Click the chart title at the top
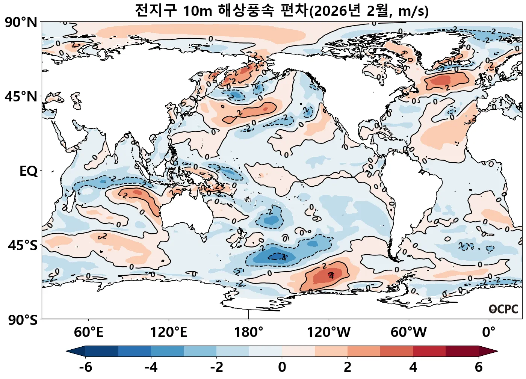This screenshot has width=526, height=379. coord(281,11)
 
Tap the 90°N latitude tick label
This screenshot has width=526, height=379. coord(21,22)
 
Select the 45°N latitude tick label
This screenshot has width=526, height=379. coord(21,97)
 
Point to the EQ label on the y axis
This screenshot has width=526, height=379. coord(29,171)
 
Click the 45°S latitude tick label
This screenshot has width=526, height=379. coord(23,245)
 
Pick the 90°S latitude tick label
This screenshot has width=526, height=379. coord(23,320)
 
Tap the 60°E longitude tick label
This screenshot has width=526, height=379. coord(88,332)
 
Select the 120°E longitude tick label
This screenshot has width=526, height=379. coord(168,332)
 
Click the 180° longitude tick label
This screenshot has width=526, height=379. coord(249,332)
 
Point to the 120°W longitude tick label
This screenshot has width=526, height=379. coord(329,332)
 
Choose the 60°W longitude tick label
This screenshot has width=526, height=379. coord(409,332)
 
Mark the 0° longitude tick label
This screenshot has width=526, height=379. coord(489,332)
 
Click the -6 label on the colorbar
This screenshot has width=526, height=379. coord(86,367)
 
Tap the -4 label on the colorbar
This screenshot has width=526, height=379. coord(151,367)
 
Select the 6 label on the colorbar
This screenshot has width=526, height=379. coord(478,367)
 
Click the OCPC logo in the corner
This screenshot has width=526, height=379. coord(503,309)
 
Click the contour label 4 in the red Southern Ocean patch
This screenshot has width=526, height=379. coord(331,276)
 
